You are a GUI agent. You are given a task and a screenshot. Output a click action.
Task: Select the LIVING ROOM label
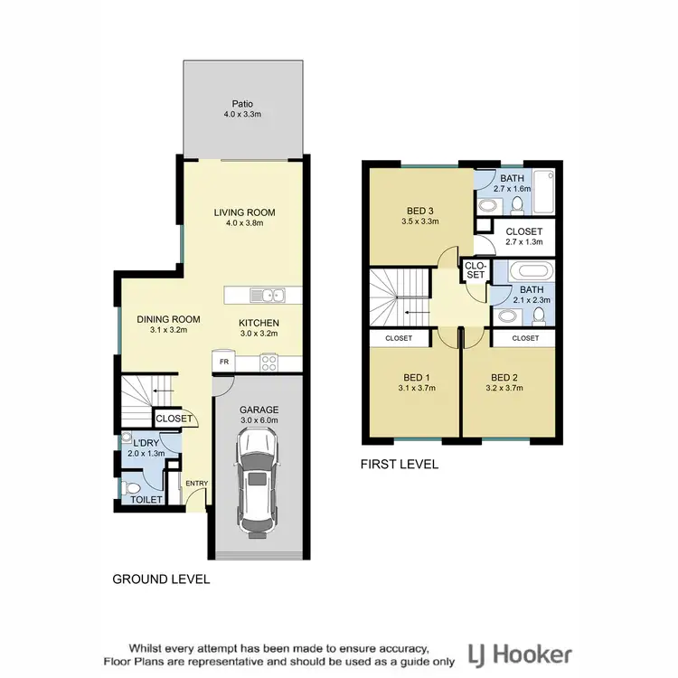pyautogui.click(x=244, y=213)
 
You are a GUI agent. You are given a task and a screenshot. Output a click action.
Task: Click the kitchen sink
pyautogui.click(x=269, y=295)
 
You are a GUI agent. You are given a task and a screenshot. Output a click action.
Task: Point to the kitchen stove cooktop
pyautogui.click(x=269, y=362)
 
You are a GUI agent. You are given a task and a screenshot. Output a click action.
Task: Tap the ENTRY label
pyautogui.click(x=196, y=484)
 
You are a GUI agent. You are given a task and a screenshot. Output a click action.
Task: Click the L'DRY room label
pyautogui.click(x=146, y=443)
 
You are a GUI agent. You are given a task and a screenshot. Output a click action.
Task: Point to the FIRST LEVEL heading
pyautogui.click(x=399, y=465)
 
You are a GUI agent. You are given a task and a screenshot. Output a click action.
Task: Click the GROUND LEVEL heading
pyautogui.click(x=160, y=579)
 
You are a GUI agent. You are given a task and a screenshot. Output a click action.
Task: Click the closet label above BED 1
pyautogui.click(x=399, y=338)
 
